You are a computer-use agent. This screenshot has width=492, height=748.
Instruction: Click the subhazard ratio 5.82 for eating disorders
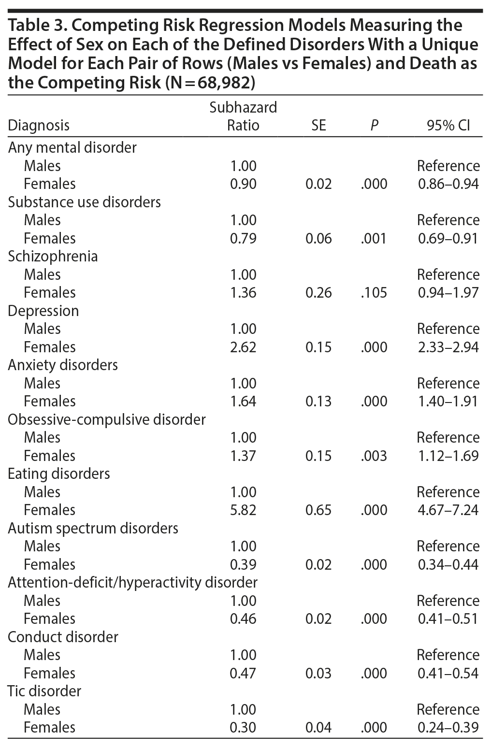tap(243, 510)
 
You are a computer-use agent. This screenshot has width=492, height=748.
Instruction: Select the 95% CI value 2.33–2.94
tap(448, 347)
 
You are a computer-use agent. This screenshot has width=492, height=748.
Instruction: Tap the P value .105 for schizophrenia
tap(374, 292)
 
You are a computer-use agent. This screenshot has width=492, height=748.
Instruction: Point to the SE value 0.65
tap(318, 510)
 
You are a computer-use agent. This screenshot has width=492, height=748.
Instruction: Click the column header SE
tap(318, 126)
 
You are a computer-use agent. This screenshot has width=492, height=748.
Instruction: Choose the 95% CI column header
tap(448, 126)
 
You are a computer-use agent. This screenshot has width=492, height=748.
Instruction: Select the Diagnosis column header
tap(39, 126)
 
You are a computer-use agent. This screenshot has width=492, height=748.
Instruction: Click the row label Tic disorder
tap(44, 691)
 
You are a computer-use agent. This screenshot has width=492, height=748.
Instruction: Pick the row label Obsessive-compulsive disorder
tap(107, 419)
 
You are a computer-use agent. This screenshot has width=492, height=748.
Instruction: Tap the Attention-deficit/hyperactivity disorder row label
tap(132, 582)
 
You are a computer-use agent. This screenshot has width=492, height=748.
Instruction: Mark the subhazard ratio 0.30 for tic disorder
tap(243, 727)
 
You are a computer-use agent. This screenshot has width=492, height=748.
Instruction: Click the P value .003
tap(374, 456)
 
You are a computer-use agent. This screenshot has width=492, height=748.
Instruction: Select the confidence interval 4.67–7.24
tap(448, 510)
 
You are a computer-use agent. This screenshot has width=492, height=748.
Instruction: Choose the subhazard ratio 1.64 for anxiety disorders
tap(243, 401)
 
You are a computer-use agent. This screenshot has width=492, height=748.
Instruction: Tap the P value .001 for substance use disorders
tap(374, 238)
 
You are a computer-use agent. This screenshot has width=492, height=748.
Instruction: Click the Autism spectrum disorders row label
tap(93, 528)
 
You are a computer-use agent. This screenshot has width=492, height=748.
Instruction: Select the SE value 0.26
tap(318, 292)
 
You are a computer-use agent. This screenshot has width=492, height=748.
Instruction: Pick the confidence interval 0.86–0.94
tap(448, 184)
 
